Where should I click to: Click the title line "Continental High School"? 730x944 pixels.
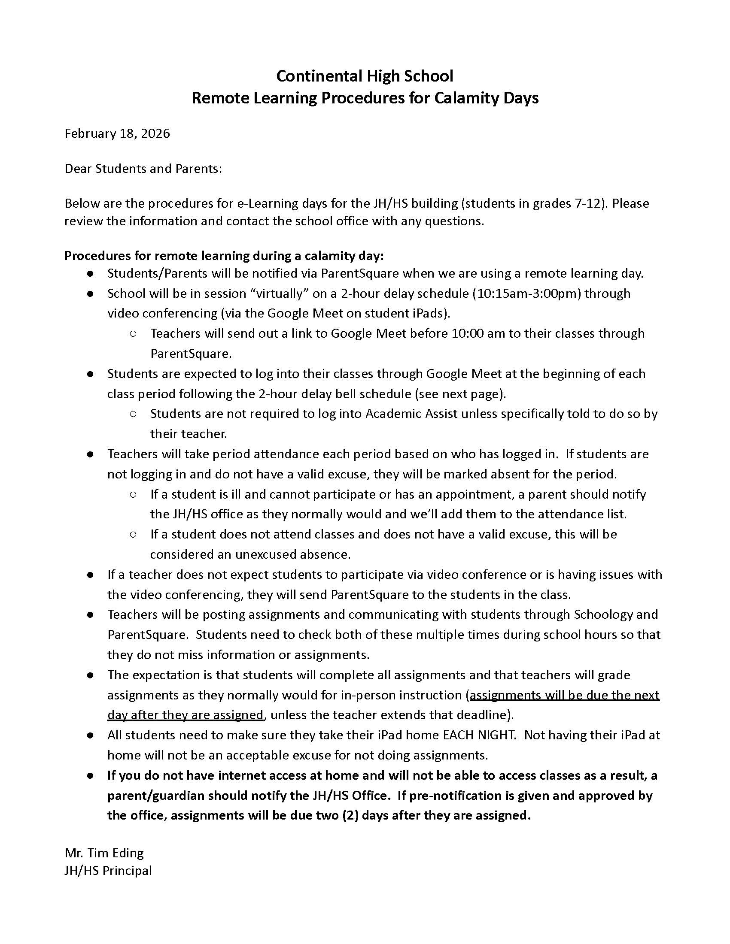point(365,76)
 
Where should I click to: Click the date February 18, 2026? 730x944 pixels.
point(117,133)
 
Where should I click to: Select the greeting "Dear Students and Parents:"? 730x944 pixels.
point(143,169)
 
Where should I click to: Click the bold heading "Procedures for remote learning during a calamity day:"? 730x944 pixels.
point(224,256)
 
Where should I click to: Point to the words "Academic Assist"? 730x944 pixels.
point(411,414)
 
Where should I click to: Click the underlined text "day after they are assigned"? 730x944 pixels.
point(185,715)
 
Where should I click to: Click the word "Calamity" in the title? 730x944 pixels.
point(467,98)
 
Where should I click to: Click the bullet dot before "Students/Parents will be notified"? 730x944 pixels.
point(90,274)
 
